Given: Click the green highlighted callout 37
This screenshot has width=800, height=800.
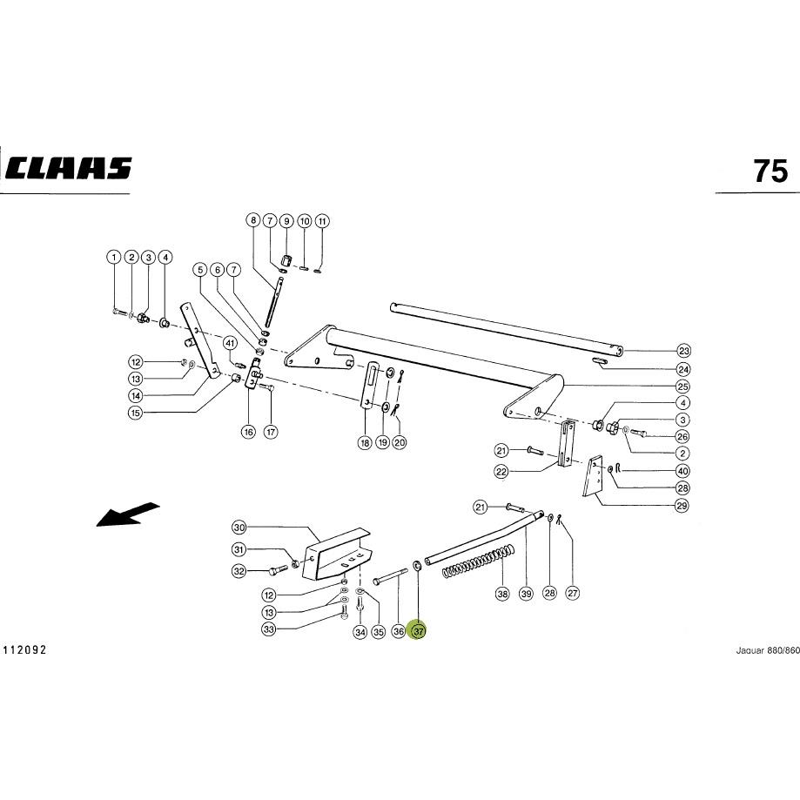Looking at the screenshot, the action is (x=418, y=631).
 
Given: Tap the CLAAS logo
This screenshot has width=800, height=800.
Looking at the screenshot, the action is (x=70, y=168).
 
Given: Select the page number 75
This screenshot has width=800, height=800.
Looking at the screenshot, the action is (x=771, y=171).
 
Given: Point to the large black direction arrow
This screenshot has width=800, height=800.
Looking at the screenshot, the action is (x=128, y=514).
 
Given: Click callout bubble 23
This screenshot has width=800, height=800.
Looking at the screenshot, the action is (x=683, y=351).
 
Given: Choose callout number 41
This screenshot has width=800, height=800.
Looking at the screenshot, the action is (x=230, y=343).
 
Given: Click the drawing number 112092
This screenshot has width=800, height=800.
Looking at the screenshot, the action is (x=25, y=650).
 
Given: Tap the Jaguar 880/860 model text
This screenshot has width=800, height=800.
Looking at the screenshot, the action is (x=767, y=650).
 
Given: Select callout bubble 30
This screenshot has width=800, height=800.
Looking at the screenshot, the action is (x=239, y=527).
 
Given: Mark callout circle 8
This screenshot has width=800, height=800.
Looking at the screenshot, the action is (x=253, y=220).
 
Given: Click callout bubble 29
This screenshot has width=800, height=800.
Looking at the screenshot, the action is (x=682, y=506).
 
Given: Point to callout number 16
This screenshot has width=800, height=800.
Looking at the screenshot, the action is (x=248, y=432).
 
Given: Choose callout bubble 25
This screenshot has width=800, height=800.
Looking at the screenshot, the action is (x=682, y=387).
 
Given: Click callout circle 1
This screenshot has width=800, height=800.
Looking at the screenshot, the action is (x=114, y=257).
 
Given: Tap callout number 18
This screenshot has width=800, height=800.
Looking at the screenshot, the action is (x=365, y=443).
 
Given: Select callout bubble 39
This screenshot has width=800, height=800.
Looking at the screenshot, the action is (x=526, y=594).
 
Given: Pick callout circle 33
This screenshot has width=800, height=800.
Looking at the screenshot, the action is (x=269, y=629).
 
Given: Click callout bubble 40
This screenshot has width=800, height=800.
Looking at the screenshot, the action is (x=682, y=471).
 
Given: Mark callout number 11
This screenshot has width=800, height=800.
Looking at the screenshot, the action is (x=322, y=221).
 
